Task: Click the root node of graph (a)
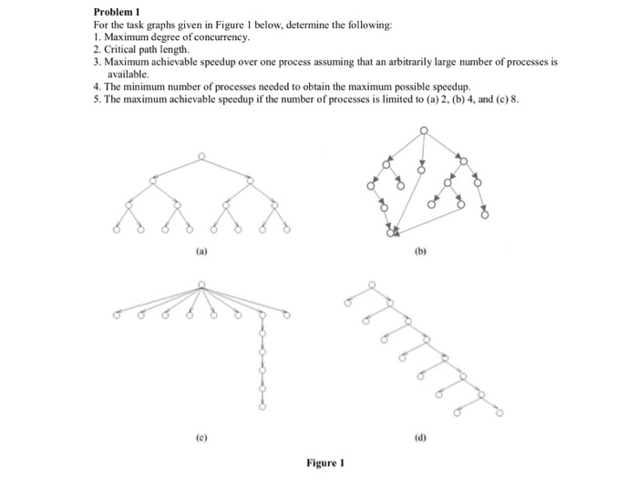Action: click(201, 155)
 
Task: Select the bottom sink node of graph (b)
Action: click(392, 234)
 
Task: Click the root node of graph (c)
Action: click(201, 284)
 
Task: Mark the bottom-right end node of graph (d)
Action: click(499, 412)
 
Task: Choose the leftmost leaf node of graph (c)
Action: click(116, 316)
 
